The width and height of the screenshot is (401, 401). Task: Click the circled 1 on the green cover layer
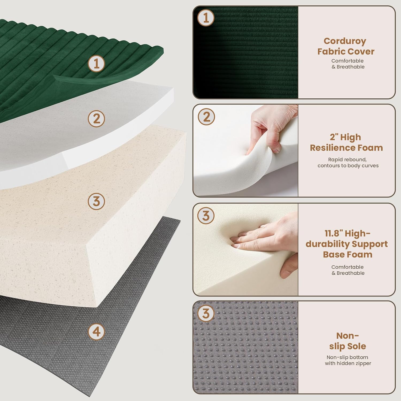[96, 63]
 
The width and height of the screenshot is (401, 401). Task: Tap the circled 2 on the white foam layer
[96, 118]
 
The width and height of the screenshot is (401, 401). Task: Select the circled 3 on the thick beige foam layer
[96, 201]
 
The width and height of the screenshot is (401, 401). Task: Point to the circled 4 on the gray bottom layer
[96, 331]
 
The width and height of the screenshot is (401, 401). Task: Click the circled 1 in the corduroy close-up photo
[206, 18]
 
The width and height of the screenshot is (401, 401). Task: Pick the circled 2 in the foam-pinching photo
[206, 117]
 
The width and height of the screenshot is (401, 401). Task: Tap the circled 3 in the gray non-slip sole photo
[206, 313]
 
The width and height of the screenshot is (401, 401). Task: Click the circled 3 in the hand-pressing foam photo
[206, 215]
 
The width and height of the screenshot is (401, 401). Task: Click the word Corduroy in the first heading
[345, 41]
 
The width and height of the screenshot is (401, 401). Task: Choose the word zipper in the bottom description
[363, 363]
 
